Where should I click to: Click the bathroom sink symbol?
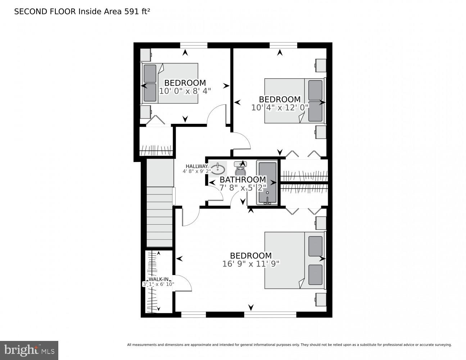(218, 168)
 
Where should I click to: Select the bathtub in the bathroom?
(267, 183)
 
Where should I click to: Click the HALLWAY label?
(196, 166)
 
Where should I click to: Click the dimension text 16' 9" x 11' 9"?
(251, 264)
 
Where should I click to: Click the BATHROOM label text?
(243, 179)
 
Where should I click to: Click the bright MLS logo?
(29, 350)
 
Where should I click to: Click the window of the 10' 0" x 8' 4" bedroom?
(194, 45)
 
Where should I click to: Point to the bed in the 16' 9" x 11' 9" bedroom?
(295, 260)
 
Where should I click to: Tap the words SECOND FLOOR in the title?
(45, 12)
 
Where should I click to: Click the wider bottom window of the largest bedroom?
(270, 315)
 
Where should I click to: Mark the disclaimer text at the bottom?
(289, 345)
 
